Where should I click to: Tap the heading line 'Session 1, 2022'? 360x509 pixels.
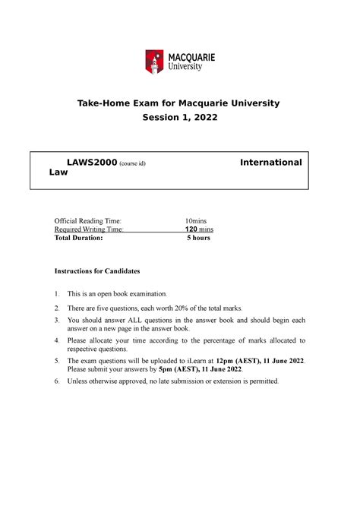[179, 119]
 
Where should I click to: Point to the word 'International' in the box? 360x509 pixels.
[270, 163]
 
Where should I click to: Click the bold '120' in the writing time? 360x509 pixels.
[193, 229]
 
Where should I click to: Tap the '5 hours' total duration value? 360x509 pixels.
[198, 238]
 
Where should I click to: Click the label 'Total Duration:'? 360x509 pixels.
[77, 238]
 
